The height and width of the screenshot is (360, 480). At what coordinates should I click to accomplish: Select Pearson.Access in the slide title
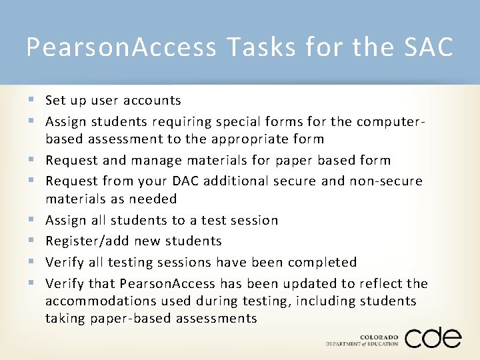click(x=121, y=47)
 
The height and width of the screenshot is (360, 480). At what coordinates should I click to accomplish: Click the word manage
click(x=157, y=161)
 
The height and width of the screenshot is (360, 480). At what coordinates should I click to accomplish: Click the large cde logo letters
click(x=433, y=337)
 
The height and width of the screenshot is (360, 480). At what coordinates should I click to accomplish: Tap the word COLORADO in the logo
click(x=379, y=337)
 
